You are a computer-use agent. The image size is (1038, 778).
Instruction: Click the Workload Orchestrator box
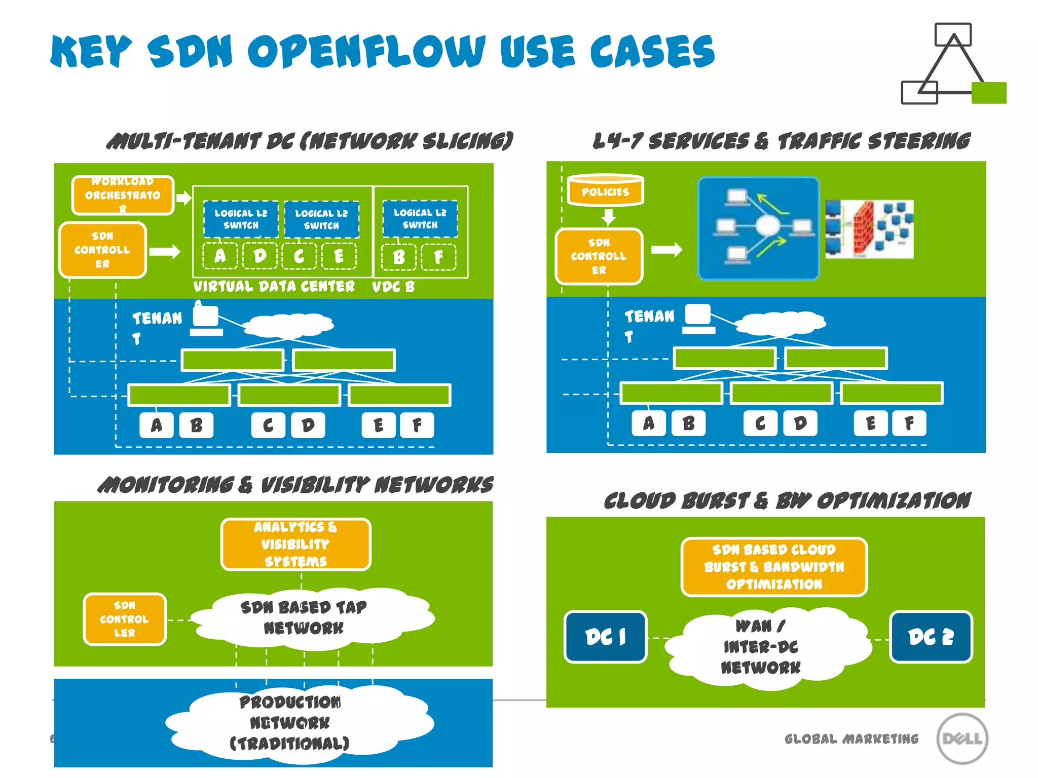[x=123, y=196]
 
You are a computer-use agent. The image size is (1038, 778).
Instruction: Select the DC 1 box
[x=606, y=637]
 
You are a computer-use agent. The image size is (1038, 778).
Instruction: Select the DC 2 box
[x=931, y=637]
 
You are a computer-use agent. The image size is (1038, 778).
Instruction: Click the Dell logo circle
[x=961, y=738]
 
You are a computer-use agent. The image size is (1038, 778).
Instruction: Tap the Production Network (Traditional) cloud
[x=294, y=723]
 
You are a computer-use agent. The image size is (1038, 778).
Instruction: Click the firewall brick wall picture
[x=869, y=229]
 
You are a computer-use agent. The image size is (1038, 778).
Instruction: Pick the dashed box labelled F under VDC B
[x=438, y=257]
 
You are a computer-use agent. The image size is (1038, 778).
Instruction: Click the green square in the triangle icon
[x=988, y=93]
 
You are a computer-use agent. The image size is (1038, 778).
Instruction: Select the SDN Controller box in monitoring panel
[x=125, y=619]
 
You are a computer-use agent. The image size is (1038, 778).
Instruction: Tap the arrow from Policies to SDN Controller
[x=608, y=217]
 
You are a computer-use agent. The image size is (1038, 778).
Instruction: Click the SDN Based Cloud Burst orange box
[x=774, y=567]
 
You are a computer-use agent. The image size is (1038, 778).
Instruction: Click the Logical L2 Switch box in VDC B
[x=420, y=219]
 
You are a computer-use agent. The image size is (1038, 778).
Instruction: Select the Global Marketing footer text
[x=851, y=739]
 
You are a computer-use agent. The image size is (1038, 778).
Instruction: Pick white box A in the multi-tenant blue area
[x=156, y=425]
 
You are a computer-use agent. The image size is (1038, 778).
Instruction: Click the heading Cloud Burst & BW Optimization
[x=787, y=501]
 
